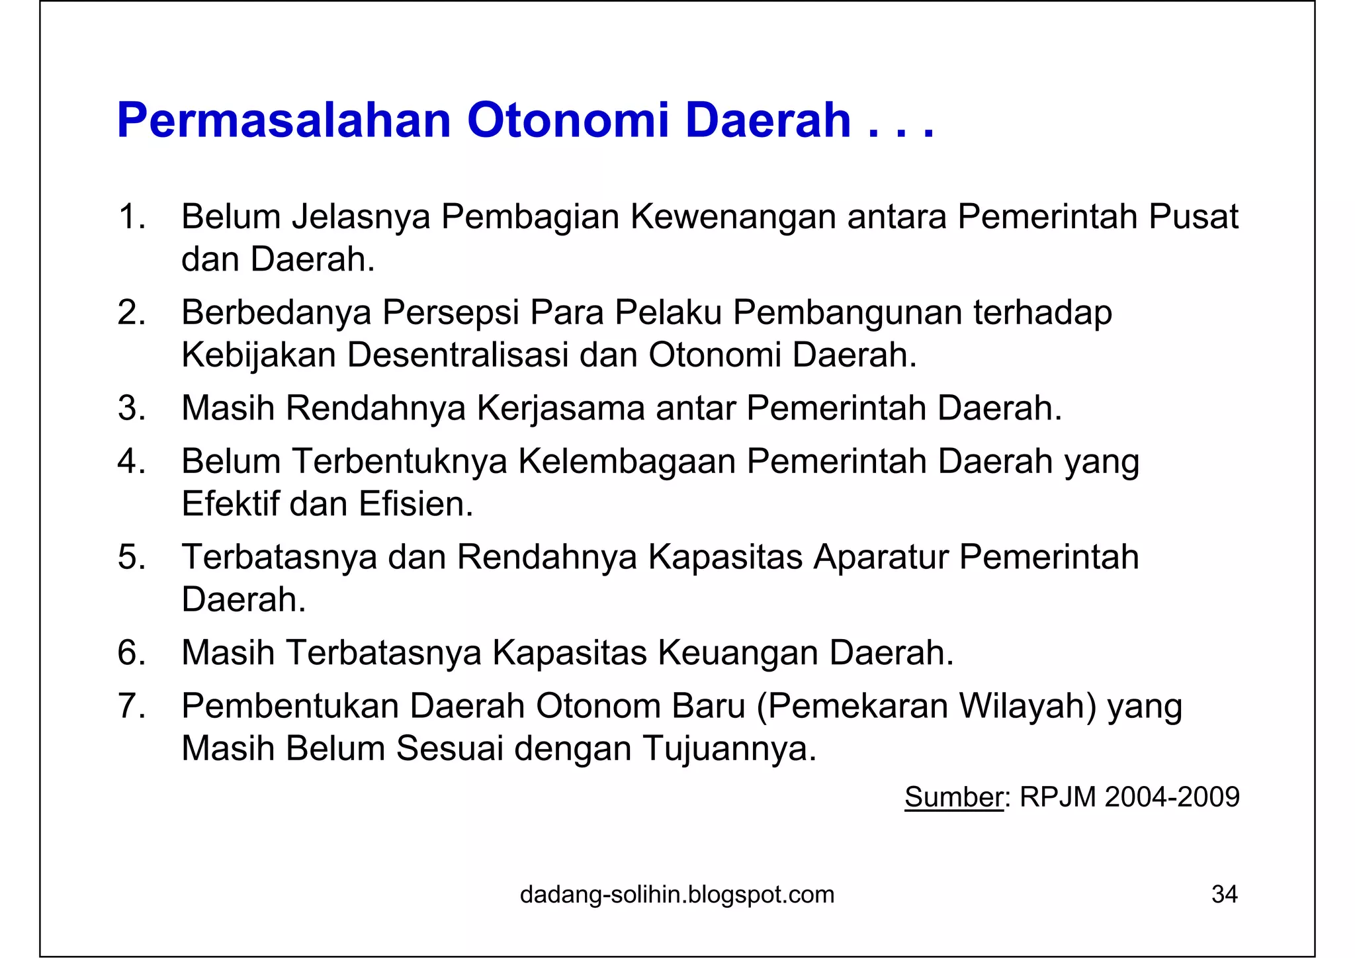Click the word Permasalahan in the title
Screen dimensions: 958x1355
284,121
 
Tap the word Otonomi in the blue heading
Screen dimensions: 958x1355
568,121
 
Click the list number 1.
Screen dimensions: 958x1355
131,217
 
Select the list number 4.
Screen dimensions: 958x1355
131,461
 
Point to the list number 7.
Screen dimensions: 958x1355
131,706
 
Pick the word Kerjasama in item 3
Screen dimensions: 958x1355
560,408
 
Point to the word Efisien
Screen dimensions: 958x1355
416,504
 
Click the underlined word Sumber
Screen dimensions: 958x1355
953,797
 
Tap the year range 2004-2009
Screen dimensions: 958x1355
1172,797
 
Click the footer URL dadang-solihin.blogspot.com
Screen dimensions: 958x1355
677,894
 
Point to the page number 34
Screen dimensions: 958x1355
1224,894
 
